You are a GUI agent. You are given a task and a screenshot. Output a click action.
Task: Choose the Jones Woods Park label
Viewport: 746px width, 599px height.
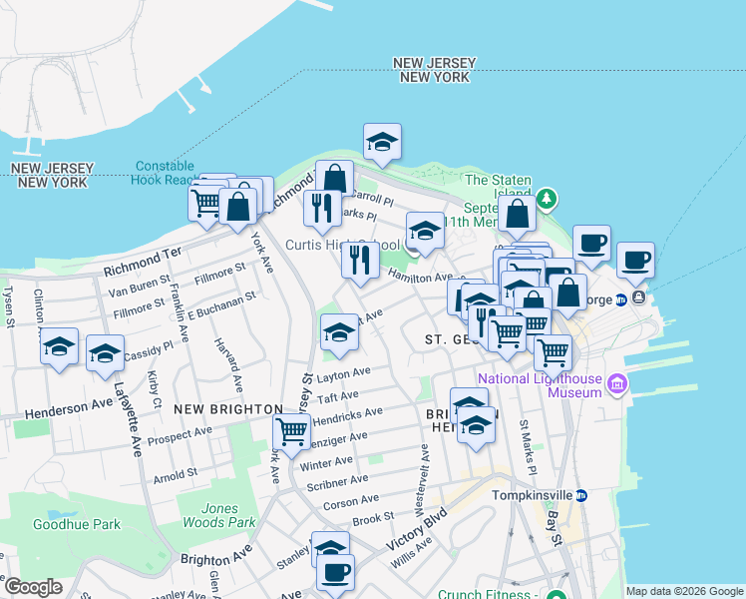point(218,514)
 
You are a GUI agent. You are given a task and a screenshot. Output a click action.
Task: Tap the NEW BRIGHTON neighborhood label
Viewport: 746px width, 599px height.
point(227,409)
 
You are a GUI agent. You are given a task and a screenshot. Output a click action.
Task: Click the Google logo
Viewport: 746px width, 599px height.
point(33,587)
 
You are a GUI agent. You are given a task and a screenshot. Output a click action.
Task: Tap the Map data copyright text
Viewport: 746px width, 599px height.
point(683,591)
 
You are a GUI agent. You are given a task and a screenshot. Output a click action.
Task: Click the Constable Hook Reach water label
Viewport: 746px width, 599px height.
point(170,173)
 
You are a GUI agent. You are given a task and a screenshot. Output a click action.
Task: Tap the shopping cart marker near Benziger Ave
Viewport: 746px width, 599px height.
point(291,431)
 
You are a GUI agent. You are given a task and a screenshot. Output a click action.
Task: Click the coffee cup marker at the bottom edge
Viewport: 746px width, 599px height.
point(336,573)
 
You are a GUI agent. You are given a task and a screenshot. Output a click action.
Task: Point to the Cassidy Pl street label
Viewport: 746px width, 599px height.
point(147,342)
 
